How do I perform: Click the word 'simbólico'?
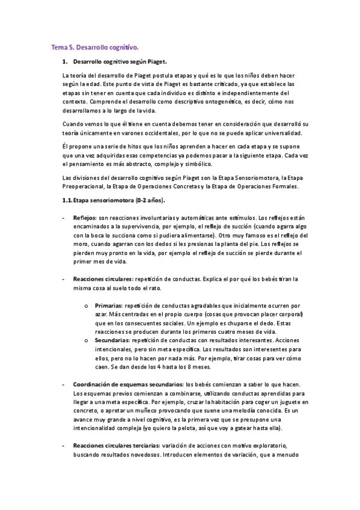[211, 164]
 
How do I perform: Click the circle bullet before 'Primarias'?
[87, 306]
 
